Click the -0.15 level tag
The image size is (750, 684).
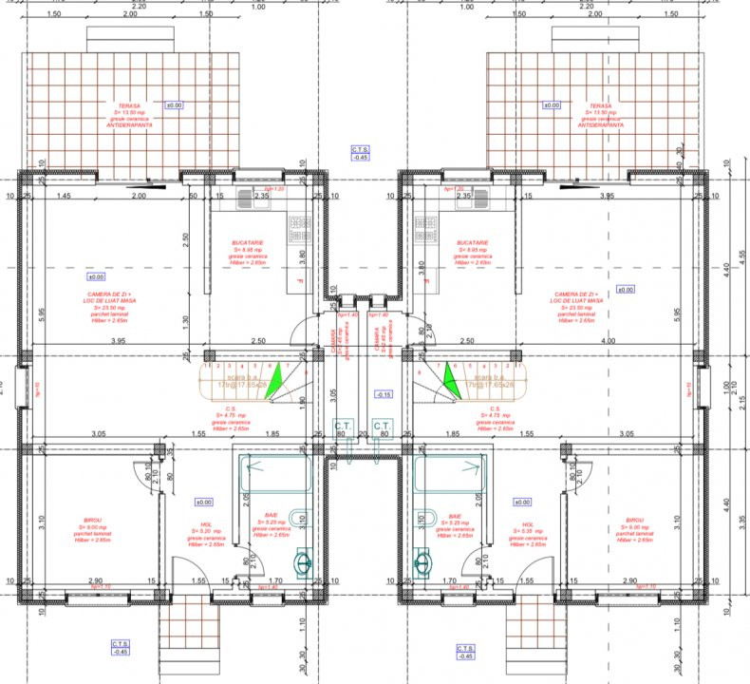[x=384, y=393]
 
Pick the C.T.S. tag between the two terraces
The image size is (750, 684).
[x=361, y=153]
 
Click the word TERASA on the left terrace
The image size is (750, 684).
[x=131, y=106]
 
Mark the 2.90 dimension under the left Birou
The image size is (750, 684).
[x=96, y=579]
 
